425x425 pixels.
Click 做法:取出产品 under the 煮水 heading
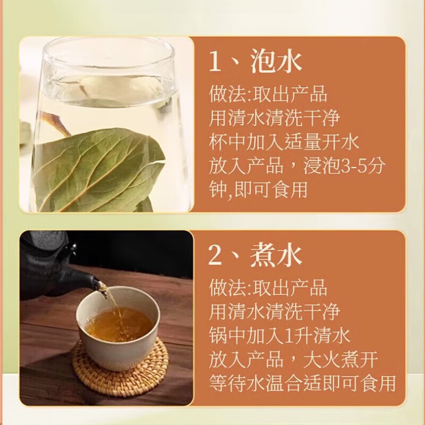(267, 290)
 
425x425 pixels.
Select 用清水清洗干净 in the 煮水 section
(274, 312)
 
